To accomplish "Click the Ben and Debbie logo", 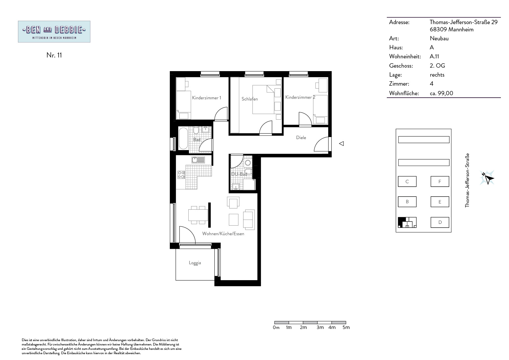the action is pos(54,32).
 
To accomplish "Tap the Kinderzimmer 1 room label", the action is pos(206,98).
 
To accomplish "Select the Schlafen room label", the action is pos(250,99).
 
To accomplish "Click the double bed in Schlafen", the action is pos(263,99).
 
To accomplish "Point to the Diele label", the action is pos(301,138).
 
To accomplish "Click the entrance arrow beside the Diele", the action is pos(342,143).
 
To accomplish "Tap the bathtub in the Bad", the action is pos(183,138).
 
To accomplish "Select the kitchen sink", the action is pos(198,160).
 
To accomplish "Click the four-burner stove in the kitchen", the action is pos(181,175).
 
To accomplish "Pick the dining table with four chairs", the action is pos(198,215).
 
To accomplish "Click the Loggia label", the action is pos(195,263).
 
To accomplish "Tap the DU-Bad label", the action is pos(239,174).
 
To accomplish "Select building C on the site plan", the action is pos(407,181).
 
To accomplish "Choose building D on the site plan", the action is pos(440,222).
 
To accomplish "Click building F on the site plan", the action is pos(440,181).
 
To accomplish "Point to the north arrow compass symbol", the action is pos(487,178).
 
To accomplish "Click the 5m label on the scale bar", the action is pos(346,327).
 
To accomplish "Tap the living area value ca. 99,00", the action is pos(441,93).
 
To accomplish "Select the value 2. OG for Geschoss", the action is pos(437,66).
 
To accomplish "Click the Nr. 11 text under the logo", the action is pos(54,55).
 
